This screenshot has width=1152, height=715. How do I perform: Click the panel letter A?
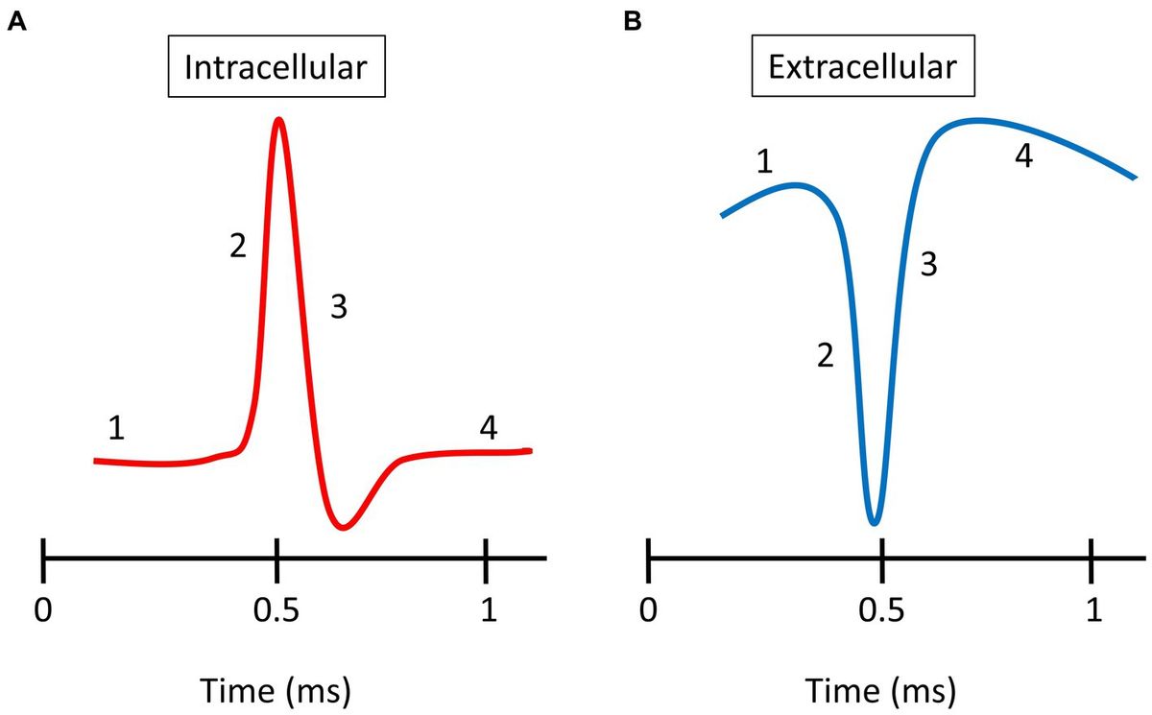pos(15,22)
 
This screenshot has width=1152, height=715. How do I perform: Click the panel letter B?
pos(632,22)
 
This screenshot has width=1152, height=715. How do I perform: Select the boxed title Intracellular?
pos(276,70)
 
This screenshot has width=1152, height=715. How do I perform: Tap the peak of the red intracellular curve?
pos(278,120)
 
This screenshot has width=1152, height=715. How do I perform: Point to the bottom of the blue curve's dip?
pos(873,523)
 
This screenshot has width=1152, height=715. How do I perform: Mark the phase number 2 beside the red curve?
pos(237,247)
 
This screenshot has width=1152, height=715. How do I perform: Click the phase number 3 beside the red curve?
pos(339,307)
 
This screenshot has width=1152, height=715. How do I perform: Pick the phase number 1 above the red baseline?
pos(116,428)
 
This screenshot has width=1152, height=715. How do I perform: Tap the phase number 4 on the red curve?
pos(489,429)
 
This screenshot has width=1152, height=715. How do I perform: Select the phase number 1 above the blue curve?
pos(764,162)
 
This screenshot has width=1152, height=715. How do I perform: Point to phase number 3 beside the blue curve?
pos(928,265)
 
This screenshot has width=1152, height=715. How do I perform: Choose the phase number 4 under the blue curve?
pos(1024,157)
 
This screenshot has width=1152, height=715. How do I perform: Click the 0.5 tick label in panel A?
pos(276,610)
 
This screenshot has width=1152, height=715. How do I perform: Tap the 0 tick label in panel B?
pos(650,610)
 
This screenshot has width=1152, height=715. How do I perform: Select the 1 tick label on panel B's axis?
pos(1092,610)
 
